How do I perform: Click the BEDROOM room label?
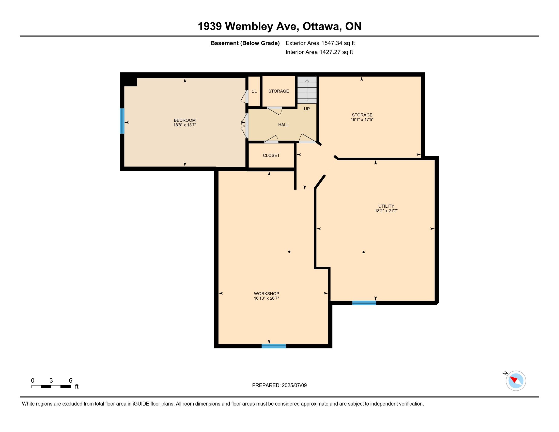pos(184,120)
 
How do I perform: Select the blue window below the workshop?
pos(274,346)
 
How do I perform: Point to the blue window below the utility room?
pos(364,303)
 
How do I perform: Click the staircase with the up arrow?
pos(307,90)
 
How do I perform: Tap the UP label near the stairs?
pos(307,109)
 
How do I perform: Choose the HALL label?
pos(283,125)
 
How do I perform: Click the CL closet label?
pos(254,91)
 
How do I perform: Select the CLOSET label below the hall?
pos(271,155)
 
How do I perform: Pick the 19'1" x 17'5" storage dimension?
pos(362,119)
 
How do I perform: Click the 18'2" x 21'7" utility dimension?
pos(386,211)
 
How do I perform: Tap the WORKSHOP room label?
pos(267,294)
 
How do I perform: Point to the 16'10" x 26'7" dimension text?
pos(267,298)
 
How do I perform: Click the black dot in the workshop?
pos(289,252)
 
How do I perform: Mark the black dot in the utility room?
pos(363,252)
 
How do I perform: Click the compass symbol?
pos(516,381)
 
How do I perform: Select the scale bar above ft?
pos(51,387)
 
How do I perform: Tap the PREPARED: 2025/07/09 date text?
pos(279,385)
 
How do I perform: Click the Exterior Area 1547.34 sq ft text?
pos(320,43)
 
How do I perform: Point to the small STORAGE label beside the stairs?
pos(278,91)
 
